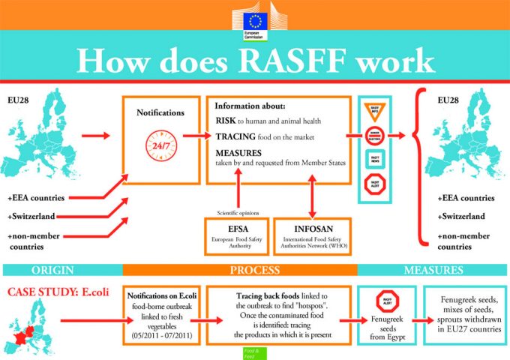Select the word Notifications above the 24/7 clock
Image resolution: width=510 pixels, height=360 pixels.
pos(160,112)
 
